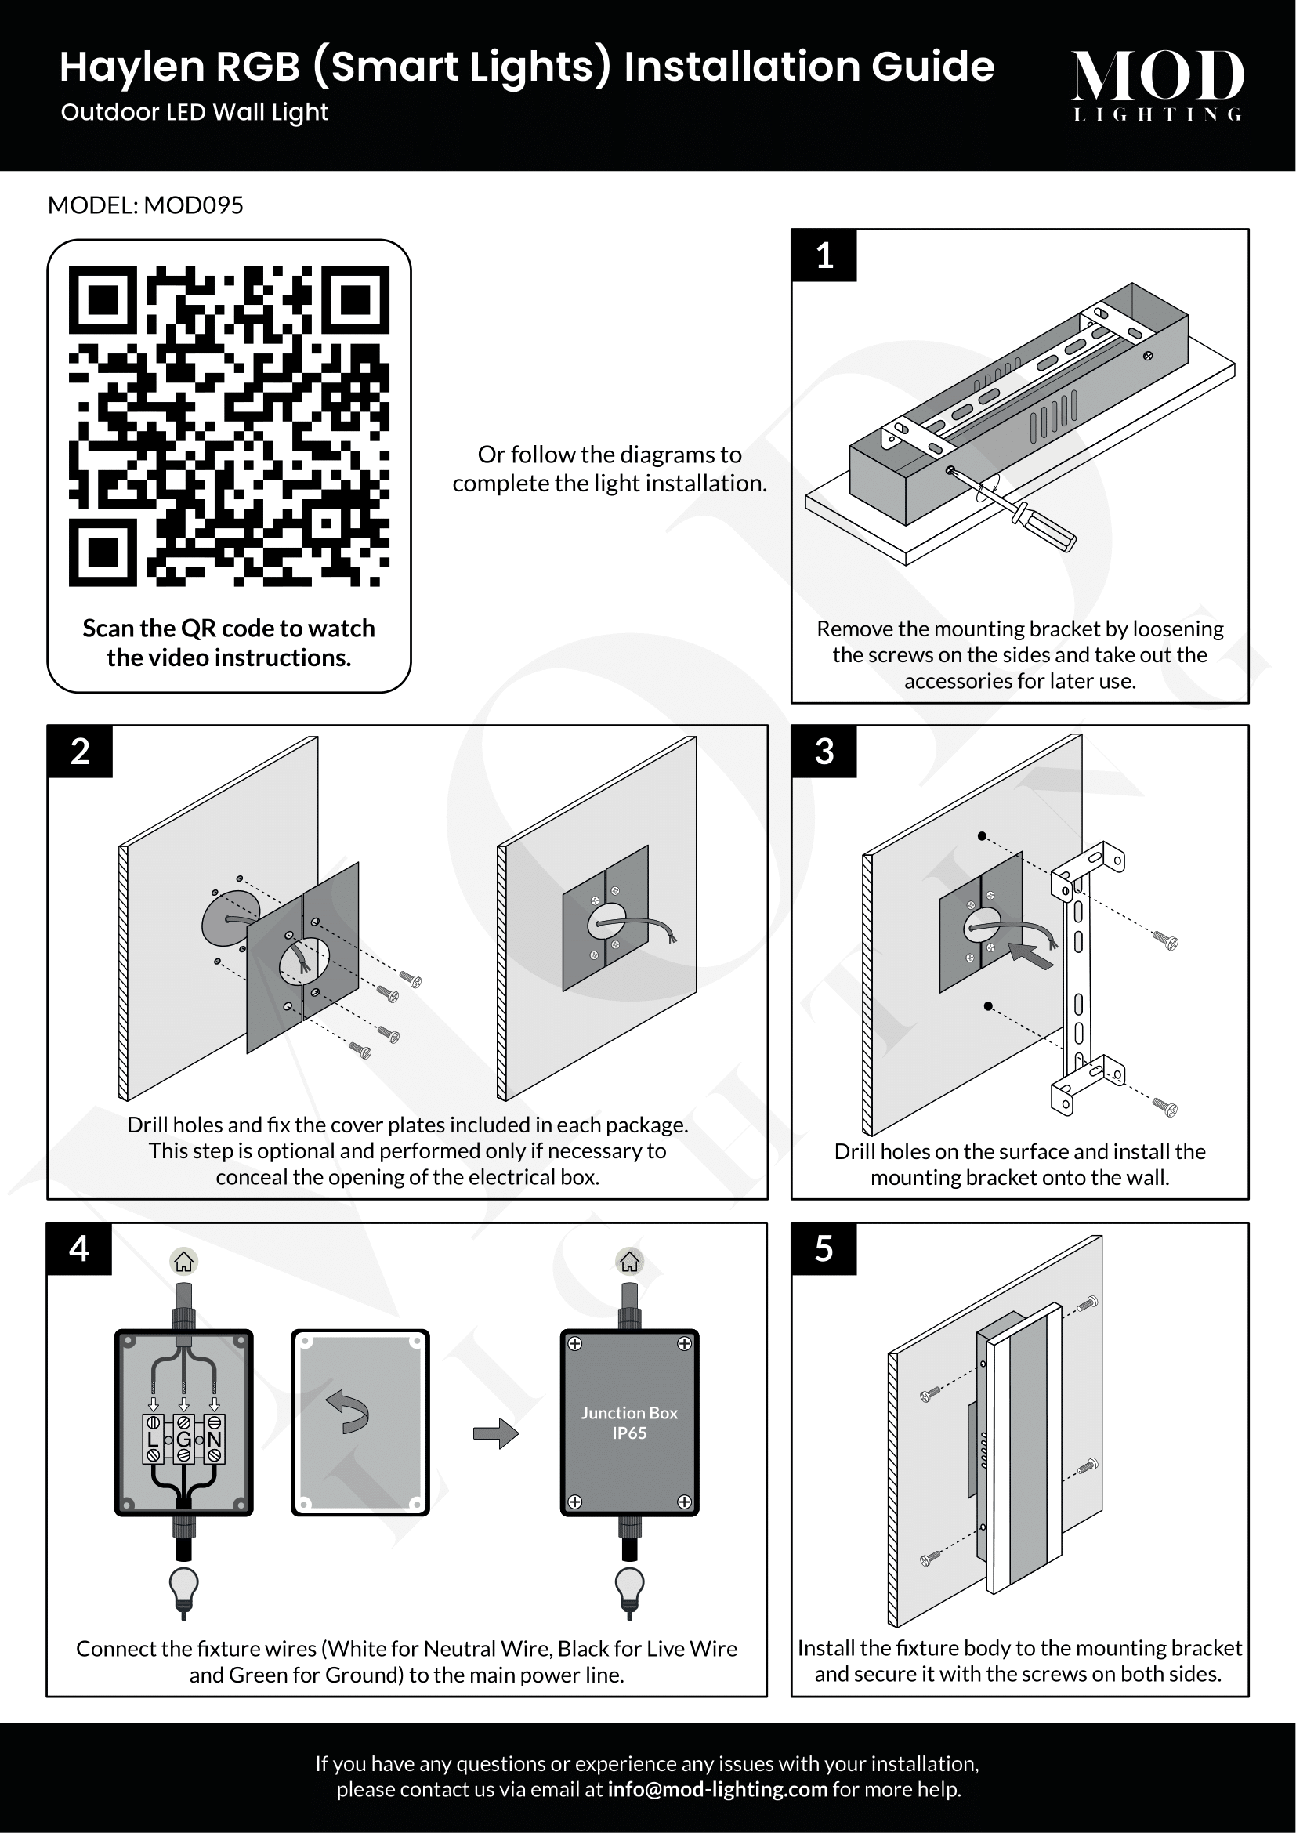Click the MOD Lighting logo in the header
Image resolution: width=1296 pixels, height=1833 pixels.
(1157, 85)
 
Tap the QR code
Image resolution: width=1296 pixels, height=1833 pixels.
(229, 426)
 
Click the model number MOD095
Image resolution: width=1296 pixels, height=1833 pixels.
(193, 205)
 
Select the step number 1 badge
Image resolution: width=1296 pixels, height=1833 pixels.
(824, 256)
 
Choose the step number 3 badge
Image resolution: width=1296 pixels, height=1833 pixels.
(824, 752)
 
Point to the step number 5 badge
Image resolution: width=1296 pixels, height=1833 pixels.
(824, 1248)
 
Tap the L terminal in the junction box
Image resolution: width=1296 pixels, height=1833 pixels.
(154, 1440)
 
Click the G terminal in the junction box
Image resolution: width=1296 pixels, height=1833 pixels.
(183, 1440)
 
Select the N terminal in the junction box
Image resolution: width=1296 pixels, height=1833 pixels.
(214, 1440)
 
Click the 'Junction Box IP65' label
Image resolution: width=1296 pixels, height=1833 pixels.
(630, 1422)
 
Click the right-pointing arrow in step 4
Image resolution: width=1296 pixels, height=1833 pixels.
(495, 1433)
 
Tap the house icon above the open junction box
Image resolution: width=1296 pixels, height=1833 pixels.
(184, 1262)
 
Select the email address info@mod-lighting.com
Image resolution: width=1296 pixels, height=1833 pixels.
(718, 1789)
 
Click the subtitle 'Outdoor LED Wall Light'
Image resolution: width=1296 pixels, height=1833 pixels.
(195, 113)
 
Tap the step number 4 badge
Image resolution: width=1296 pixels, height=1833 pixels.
(79, 1248)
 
